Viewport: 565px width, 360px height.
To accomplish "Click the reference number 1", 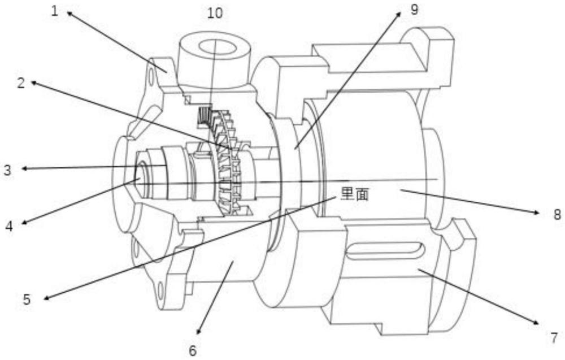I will [55, 11].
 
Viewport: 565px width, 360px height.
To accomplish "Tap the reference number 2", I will [21, 83].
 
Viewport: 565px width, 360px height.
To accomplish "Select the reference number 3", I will [7, 169].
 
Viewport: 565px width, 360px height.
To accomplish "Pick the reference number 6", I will [193, 350].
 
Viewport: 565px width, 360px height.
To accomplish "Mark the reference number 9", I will [414, 10].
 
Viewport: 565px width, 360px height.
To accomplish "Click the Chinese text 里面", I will [355, 196].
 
